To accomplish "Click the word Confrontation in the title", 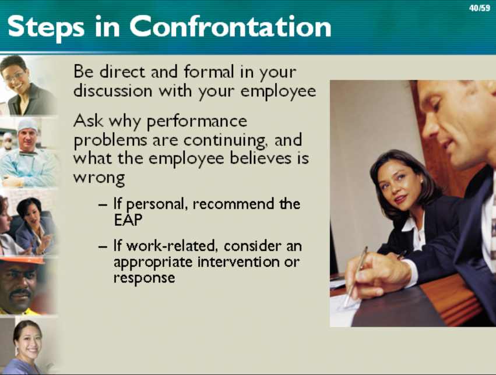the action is tap(230, 27).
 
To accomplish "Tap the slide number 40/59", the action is tap(480, 8).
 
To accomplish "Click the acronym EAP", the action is tap(128, 220).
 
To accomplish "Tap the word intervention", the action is tap(238, 261).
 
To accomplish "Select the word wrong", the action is tap(99, 178).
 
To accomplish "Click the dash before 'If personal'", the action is tap(103, 206).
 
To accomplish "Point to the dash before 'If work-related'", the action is tap(103, 247).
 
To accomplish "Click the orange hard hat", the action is tap(22, 260).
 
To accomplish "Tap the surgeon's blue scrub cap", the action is tap(27, 125).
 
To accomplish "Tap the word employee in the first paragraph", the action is tap(279, 91).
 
